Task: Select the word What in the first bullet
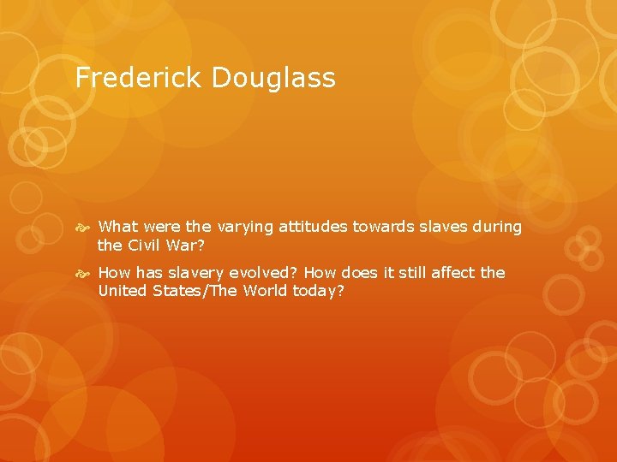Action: coord(118,227)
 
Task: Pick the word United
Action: coord(123,292)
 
